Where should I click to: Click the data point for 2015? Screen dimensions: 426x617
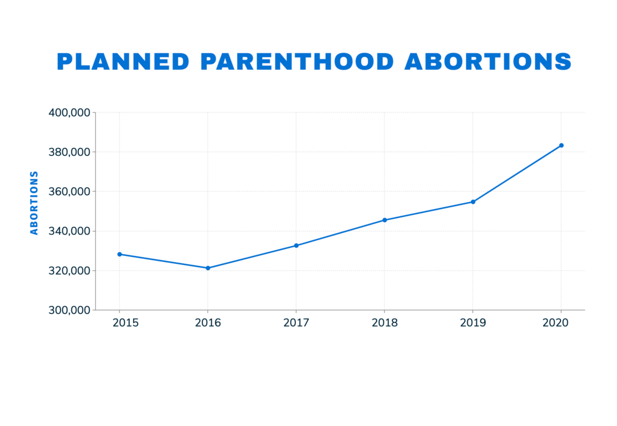tap(119, 254)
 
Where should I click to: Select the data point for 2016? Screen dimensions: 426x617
tap(208, 268)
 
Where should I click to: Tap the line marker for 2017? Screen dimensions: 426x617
tap(296, 246)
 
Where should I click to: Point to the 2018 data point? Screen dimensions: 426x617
tap(384, 220)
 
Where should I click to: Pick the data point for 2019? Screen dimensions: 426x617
tap(473, 202)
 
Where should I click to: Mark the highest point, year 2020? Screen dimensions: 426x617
tap(561, 145)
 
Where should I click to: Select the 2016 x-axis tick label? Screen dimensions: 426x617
tap(208, 323)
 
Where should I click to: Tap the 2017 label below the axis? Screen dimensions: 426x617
tap(296, 323)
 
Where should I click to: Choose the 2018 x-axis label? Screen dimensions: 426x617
tap(384, 323)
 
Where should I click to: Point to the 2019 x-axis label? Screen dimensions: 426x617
tap(473, 323)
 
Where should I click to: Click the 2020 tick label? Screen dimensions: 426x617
tap(555, 323)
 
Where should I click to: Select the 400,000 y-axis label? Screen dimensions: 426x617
tap(69, 112)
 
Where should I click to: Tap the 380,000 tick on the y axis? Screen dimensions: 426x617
tap(69, 152)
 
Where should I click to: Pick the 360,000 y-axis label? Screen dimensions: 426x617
tap(69, 191)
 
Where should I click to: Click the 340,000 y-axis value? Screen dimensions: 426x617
tap(69, 231)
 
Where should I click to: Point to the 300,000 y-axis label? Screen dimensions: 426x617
tap(69, 310)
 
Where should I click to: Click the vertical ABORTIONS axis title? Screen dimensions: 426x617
tap(34, 203)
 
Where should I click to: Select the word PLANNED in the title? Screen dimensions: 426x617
tap(123, 62)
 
